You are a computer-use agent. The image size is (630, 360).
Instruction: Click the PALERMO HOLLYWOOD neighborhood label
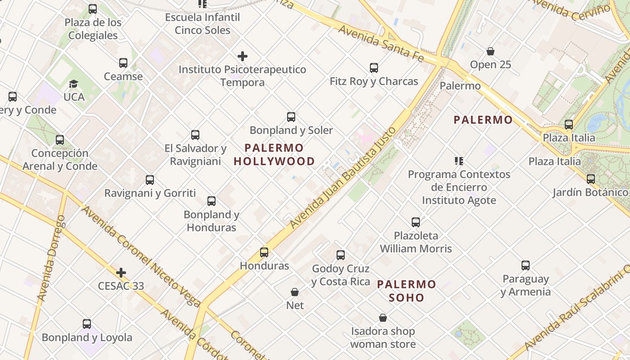(x=274, y=154)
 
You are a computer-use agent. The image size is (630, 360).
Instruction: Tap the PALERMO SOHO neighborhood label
(x=406, y=291)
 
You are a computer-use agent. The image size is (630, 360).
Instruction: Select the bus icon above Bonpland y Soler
(x=291, y=117)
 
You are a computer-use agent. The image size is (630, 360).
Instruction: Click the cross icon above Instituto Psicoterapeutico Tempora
(x=243, y=56)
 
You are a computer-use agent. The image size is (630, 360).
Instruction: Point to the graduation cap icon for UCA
(x=74, y=84)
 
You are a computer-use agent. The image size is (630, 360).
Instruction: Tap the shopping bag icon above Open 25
(x=490, y=51)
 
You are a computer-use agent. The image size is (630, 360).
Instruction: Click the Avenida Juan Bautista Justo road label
(x=343, y=177)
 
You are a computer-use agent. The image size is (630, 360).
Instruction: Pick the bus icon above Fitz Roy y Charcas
(x=374, y=68)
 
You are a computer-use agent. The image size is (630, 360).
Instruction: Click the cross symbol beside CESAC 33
(x=121, y=273)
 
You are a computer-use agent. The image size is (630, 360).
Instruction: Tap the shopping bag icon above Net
(x=295, y=292)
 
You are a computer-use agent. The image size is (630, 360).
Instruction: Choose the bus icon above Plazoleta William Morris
(x=416, y=222)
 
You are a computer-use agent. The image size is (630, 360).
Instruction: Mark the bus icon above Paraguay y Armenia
(x=526, y=265)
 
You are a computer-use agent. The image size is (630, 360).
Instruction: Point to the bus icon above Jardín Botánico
(x=591, y=179)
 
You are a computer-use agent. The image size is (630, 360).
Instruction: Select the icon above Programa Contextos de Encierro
(x=459, y=161)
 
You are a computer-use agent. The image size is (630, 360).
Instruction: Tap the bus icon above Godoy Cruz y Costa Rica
(x=341, y=255)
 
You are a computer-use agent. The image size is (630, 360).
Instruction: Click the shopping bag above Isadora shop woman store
(x=383, y=318)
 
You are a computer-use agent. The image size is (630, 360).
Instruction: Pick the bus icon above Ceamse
(x=123, y=63)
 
